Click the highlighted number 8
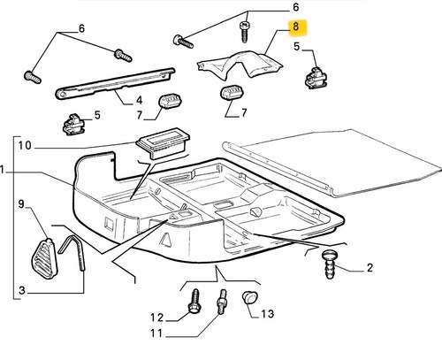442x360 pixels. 295,27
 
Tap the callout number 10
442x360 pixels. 25,145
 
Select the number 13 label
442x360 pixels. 267,314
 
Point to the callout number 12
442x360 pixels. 156,318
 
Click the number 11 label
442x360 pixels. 156,333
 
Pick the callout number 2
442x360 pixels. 370,268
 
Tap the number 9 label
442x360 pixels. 21,204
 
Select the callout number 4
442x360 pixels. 139,101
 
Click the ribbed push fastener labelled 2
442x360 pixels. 330,264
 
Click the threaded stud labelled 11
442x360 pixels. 222,302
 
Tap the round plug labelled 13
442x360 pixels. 250,297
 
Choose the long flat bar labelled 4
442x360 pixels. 115,84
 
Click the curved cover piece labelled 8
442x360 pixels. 240,65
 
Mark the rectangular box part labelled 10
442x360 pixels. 163,143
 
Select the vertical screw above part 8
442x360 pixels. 244,32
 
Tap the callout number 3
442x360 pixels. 22,290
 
